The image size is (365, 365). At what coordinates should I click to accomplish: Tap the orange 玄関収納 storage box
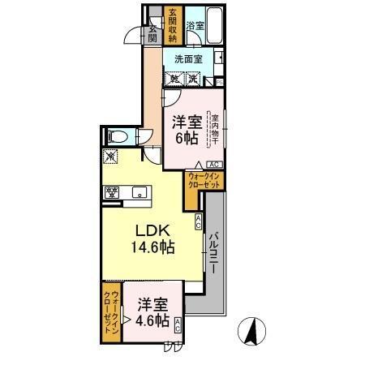[172, 25]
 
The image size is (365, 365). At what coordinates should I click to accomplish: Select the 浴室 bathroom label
[195, 25]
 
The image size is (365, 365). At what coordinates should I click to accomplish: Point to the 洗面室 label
[190, 58]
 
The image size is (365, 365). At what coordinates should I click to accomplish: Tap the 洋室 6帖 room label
[186, 130]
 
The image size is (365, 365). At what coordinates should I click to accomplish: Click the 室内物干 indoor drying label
[216, 129]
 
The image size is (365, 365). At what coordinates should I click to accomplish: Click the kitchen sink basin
[140, 193]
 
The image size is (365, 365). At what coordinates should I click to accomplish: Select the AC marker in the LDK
[198, 221]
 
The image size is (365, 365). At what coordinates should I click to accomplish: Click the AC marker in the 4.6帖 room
[178, 325]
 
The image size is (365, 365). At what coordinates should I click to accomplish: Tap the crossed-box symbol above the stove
[111, 157]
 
